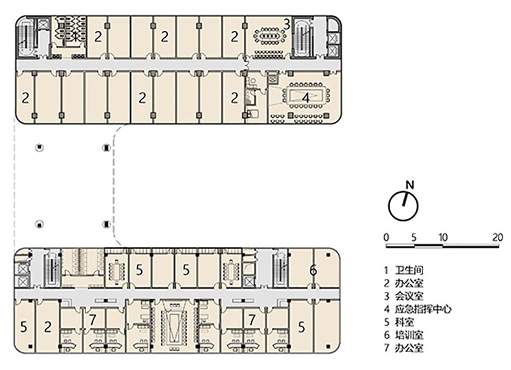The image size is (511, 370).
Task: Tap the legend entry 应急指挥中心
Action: (x=424, y=309)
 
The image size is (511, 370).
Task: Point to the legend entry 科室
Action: (x=408, y=322)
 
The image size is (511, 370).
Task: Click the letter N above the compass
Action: (x=409, y=185)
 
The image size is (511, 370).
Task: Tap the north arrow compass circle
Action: (x=403, y=206)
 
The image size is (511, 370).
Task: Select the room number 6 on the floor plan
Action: (x=314, y=270)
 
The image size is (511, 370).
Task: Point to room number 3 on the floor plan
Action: (x=286, y=24)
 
